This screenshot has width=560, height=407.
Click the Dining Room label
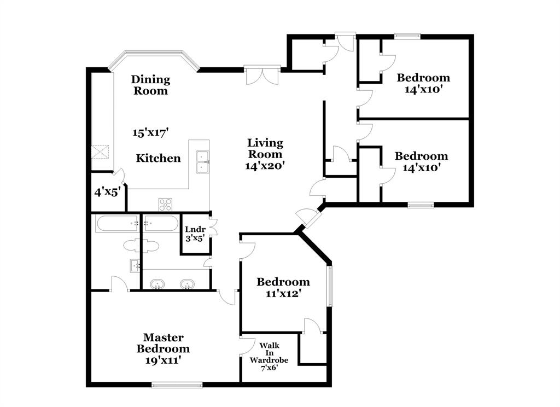[x=150, y=85]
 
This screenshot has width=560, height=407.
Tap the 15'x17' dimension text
[x=150, y=132]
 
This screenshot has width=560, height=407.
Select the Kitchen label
[x=158, y=159]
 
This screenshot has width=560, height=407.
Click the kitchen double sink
[x=202, y=162]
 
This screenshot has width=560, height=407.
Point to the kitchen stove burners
[x=165, y=204]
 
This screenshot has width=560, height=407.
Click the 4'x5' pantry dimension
[x=107, y=192]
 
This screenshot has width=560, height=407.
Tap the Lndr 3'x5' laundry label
[x=195, y=234]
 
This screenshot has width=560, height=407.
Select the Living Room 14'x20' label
[x=265, y=154]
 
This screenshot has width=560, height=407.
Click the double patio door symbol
[x=262, y=75]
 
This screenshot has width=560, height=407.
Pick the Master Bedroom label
[x=163, y=343]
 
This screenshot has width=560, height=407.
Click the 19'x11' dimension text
[x=163, y=360]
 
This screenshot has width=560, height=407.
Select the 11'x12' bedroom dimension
[x=283, y=294]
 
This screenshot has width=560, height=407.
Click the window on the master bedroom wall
[x=177, y=384]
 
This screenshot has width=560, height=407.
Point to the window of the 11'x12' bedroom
[x=329, y=286]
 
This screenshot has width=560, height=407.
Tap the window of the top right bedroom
[x=408, y=37]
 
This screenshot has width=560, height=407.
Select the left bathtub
[x=116, y=223]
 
